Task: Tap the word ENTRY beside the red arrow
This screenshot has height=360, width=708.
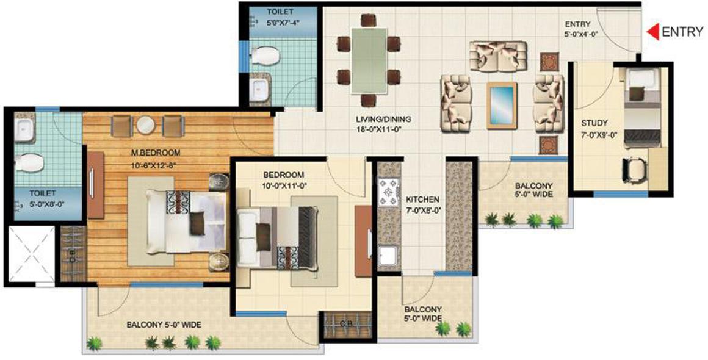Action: point(682,32)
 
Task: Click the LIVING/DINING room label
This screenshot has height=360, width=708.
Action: point(384,119)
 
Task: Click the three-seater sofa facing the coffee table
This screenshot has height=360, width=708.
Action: point(498,56)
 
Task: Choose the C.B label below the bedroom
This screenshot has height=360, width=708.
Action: point(345,324)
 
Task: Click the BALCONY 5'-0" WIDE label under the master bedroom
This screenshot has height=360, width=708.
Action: point(164,325)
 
